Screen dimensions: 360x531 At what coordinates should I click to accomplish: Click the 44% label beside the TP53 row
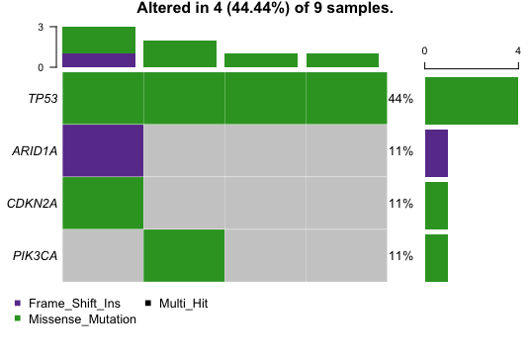tap(400, 99)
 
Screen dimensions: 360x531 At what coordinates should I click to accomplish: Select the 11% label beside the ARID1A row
tap(400, 151)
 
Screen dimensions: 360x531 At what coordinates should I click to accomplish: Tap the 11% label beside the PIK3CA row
tap(400, 256)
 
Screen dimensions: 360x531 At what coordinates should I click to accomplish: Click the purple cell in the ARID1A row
tap(103, 150)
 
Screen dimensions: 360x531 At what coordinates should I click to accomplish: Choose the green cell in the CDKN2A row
tap(103, 203)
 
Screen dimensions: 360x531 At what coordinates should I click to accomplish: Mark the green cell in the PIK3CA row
tap(184, 255)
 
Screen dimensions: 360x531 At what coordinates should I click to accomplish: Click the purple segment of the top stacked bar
tap(99, 60)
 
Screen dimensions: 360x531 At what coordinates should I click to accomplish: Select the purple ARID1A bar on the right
tap(436, 153)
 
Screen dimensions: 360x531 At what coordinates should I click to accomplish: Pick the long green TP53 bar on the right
tap(471, 100)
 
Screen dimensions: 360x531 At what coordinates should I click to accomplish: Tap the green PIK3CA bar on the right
tap(436, 258)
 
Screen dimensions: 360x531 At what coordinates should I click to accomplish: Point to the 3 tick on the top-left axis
tap(41, 27)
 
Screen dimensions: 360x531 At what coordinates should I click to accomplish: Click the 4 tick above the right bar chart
tap(518, 49)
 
